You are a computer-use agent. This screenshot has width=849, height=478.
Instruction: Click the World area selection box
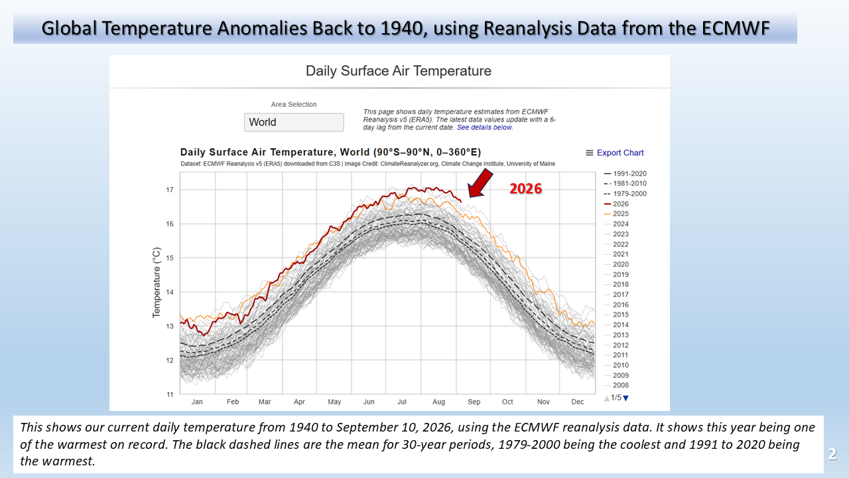[x=294, y=122]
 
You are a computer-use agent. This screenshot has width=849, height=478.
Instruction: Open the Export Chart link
[x=620, y=153]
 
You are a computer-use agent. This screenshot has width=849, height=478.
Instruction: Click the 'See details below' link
[x=484, y=127]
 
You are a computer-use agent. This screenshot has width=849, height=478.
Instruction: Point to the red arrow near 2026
[x=480, y=183]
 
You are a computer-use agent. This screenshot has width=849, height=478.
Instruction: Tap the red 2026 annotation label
[x=525, y=189]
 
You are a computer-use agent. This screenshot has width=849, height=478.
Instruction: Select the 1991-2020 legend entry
[x=625, y=174]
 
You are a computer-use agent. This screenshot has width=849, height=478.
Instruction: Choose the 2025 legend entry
[x=616, y=214]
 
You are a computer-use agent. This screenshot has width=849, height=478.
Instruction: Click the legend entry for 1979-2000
[x=625, y=193]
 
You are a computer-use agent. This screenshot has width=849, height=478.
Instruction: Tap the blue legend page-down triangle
[x=625, y=398]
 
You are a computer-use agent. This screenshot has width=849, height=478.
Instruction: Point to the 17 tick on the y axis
[x=169, y=190]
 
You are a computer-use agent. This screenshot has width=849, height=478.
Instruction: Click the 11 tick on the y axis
[x=169, y=394]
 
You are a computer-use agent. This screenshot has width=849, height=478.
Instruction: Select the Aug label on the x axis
[x=438, y=402]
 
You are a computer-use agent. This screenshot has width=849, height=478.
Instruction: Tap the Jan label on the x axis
[x=197, y=402]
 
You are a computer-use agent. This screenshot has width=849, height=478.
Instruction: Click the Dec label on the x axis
[x=577, y=402]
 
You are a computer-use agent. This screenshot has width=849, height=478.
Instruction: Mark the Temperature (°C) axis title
[x=157, y=283]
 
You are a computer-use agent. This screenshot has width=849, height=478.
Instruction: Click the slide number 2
[x=832, y=453]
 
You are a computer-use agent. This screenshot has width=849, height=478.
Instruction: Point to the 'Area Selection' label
[x=294, y=104]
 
